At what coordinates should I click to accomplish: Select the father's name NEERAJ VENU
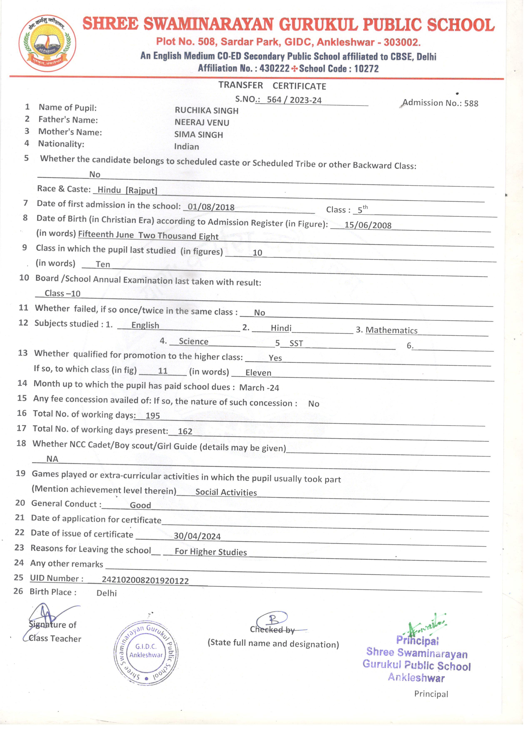tap(202, 123)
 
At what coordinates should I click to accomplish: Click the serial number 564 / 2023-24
tap(294, 100)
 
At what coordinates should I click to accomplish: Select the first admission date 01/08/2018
tap(211, 207)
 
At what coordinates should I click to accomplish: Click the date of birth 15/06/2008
tap(368, 225)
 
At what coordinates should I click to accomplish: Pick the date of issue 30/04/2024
tap(197, 536)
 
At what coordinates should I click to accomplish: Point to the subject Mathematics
tap(391, 330)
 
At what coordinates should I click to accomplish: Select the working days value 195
tap(153, 415)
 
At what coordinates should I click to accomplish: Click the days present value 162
tap(185, 431)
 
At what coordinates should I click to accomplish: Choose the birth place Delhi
tap(107, 593)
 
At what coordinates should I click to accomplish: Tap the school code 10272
tap(366, 68)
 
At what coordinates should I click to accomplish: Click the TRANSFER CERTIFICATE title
tap(272, 86)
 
